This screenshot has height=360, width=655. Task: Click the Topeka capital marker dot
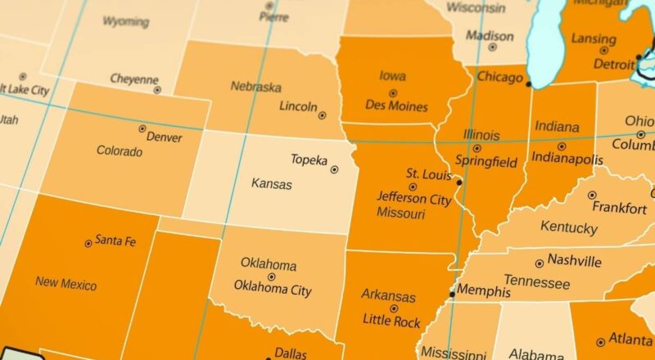point(334,169)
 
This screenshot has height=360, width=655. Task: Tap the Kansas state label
point(271,184)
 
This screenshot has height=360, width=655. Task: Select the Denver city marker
point(142,128)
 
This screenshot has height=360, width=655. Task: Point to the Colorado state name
point(120,151)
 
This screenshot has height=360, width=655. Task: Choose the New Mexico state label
point(65,283)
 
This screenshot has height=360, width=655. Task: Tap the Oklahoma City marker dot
point(271,277)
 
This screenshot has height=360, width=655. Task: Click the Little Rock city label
point(391,322)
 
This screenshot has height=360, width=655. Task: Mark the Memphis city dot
point(452,293)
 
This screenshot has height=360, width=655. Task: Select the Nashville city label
point(575,261)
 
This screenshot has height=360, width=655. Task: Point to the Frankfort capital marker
point(592,196)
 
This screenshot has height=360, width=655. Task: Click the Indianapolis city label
point(567,158)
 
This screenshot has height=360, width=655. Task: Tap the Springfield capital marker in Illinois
point(477,149)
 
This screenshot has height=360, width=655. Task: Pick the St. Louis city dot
point(459,182)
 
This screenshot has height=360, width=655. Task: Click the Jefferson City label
point(413,198)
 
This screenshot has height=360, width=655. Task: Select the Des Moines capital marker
point(392,93)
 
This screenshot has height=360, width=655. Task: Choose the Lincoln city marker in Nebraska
point(322,115)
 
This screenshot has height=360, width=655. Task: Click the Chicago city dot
point(528,83)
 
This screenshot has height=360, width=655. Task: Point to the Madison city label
point(490,36)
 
